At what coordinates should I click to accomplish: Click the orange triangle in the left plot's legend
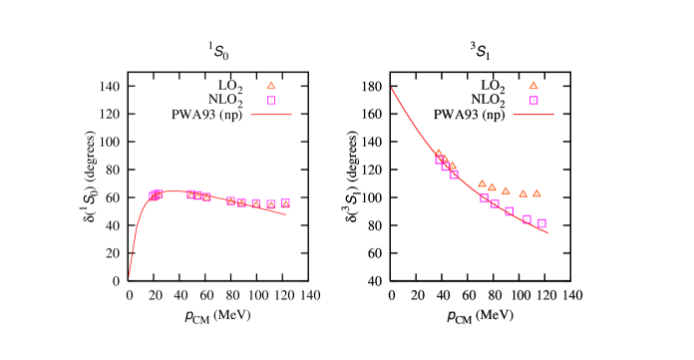271,86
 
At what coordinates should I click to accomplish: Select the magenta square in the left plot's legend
271,101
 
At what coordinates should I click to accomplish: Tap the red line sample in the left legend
271,115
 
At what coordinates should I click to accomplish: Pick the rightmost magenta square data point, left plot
285,203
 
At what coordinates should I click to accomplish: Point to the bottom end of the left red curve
129,276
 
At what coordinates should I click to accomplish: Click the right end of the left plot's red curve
286,214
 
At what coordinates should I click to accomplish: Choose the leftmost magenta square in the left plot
154,196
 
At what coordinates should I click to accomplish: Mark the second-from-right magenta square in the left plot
270,204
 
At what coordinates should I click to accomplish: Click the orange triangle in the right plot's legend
533,86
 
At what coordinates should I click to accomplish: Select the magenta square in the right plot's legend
533,101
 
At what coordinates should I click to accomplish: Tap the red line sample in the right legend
533,115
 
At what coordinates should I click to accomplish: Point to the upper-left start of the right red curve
392,89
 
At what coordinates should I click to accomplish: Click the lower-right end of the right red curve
547,232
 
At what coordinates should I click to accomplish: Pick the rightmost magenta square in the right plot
541,223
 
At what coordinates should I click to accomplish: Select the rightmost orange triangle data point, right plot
536,193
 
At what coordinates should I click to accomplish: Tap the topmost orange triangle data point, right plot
438,153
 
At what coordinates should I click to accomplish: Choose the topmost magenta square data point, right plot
439,160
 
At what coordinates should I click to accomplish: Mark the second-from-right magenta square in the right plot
526,219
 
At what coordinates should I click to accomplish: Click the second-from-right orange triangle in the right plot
522,193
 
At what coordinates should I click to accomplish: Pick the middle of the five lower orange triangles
506,190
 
